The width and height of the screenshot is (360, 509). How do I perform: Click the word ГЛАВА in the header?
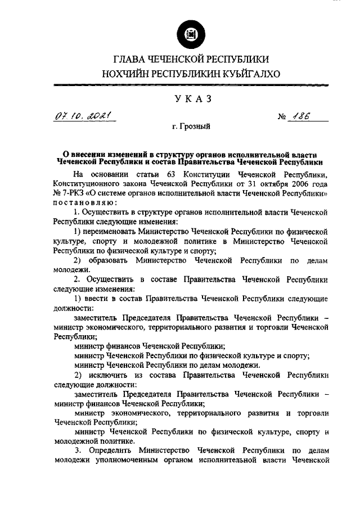(130, 59)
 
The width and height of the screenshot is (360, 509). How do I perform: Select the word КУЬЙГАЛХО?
(250, 73)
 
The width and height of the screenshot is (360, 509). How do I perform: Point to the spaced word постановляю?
(85, 202)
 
